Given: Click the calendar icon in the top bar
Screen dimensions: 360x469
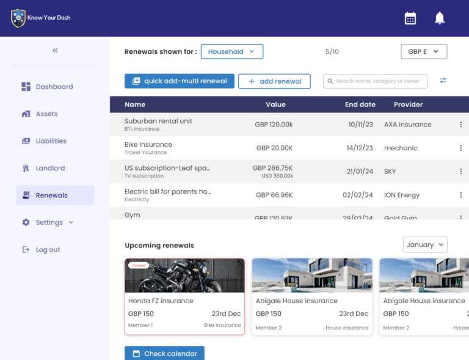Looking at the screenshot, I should [410, 18].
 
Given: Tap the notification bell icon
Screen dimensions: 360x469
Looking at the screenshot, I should [440, 18].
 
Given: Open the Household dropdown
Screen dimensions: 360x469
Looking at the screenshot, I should [232, 52].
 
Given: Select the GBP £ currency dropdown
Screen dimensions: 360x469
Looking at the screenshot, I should [424, 52].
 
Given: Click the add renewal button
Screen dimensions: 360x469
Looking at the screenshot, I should [274, 81].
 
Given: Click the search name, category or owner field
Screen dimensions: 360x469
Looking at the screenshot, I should [376, 81].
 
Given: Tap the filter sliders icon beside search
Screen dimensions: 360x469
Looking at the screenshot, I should [443, 81].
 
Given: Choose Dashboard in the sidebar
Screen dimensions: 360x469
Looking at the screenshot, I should [54, 87].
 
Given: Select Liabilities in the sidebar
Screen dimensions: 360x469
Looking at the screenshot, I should [51, 141].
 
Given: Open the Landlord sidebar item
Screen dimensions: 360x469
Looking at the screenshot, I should [50, 168].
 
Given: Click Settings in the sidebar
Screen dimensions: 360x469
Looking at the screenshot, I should [49, 222].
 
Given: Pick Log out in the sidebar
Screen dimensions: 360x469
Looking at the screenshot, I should [48, 249].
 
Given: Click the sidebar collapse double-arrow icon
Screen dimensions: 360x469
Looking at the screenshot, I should [55, 50].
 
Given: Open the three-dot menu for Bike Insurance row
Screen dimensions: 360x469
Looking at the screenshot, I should [461, 148].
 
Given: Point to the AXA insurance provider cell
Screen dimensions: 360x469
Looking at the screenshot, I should [408, 125].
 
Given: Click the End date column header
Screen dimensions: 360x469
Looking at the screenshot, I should [360, 105].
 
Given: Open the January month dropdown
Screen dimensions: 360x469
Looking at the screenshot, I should [425, 244].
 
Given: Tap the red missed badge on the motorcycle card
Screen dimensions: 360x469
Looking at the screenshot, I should [139, 265].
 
